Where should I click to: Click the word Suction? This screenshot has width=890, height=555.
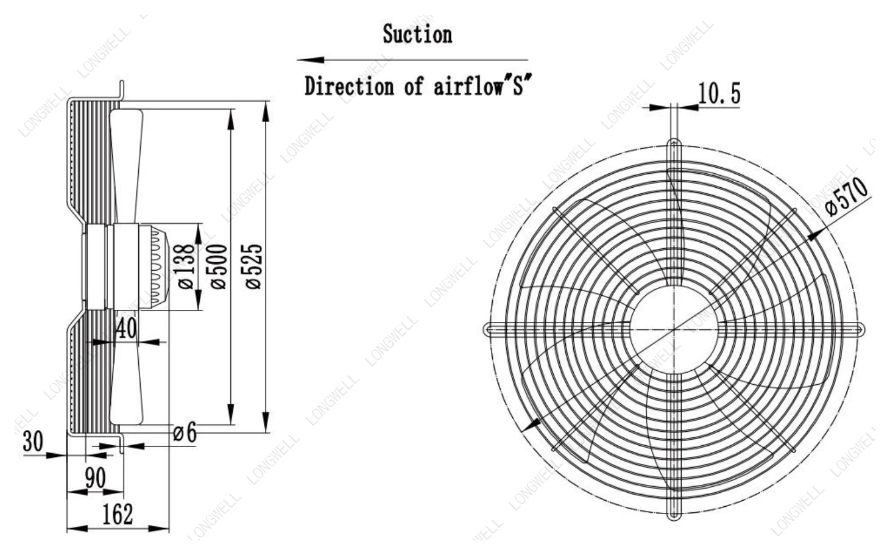[417, 34]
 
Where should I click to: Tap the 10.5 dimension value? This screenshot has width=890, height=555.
[719, 94]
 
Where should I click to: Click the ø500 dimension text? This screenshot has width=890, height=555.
[219, 266]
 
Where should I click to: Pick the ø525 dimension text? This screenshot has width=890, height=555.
[254, 266]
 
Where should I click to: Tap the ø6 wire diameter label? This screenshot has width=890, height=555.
[185, 432]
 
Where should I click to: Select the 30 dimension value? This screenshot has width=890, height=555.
[33, 441]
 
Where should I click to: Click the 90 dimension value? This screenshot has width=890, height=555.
[96, 478]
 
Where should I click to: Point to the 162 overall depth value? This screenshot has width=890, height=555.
[118, 514]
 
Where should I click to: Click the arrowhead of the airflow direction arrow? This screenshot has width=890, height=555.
[311, 60]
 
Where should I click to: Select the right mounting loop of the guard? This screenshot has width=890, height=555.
[859, 329]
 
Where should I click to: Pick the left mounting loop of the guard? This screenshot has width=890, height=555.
[488, 329]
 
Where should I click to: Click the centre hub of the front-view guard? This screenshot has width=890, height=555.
[674, 330]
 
